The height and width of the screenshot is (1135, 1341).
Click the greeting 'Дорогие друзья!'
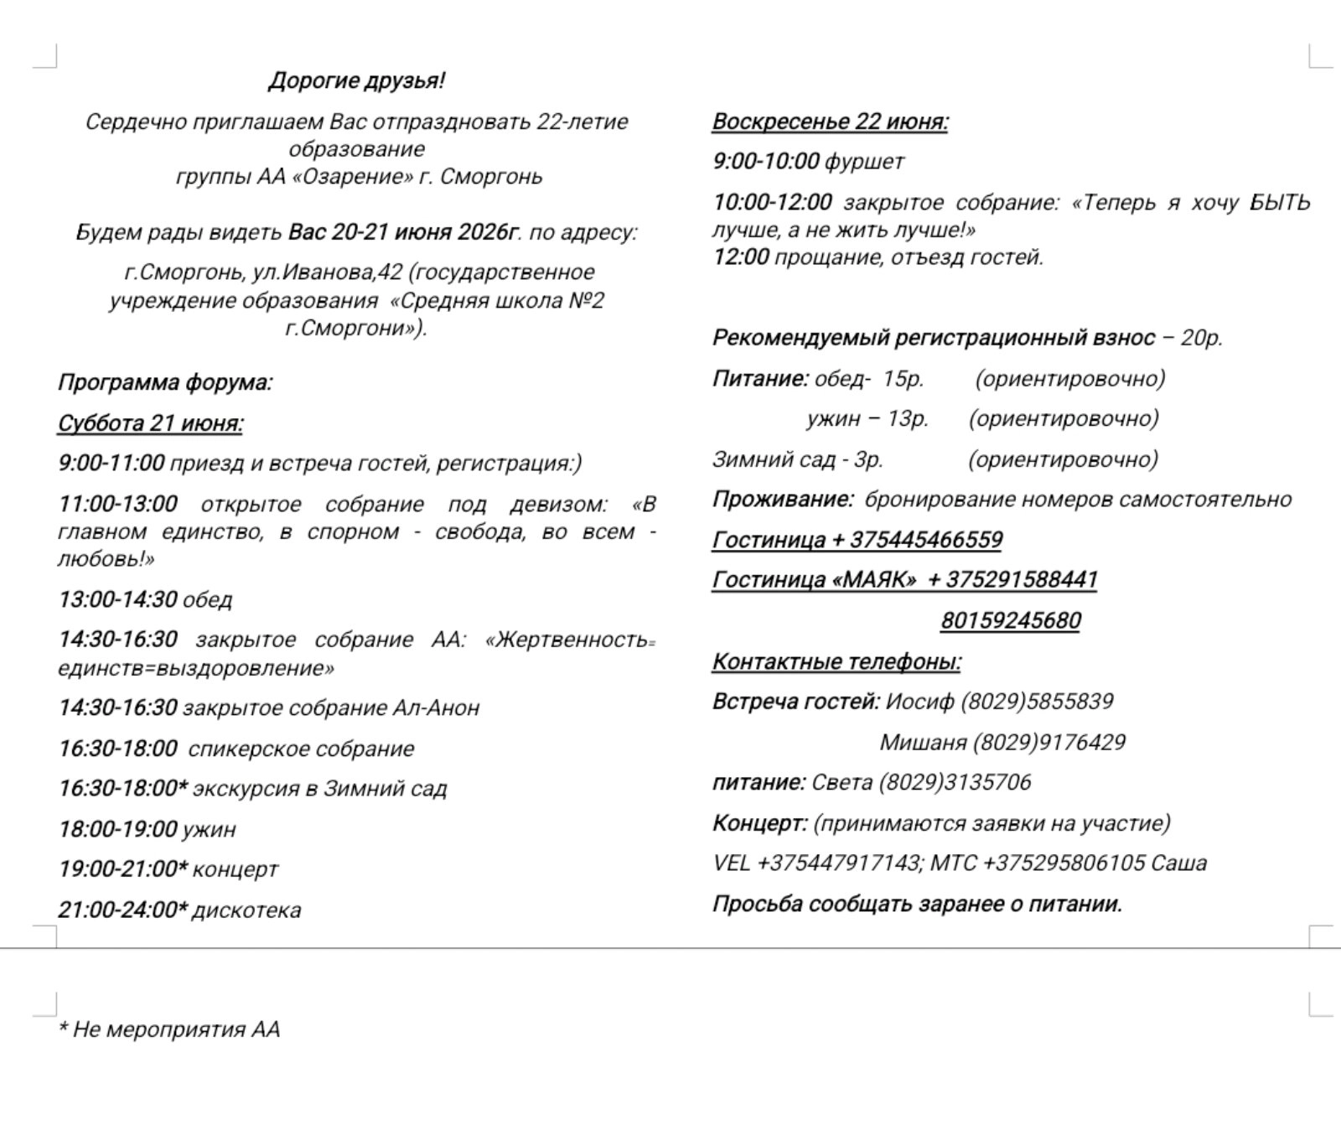click(357, 81)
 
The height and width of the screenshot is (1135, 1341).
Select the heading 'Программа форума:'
click(165, 383)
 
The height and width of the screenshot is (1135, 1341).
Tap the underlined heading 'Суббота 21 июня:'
click(150, 423)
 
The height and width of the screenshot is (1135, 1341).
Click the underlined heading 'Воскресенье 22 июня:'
click(830, 122)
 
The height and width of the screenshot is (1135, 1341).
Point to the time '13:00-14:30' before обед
click(117, 599)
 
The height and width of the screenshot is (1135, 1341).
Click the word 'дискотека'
click(246, 910)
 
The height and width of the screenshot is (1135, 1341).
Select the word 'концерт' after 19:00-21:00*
click(236, 869)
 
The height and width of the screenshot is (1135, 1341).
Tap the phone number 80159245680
click(1010, 621)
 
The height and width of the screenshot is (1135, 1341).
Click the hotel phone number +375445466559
click(925, 540)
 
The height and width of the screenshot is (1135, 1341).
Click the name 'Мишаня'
click(923, 743)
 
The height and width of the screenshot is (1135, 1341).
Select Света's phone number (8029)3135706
click(955, 783)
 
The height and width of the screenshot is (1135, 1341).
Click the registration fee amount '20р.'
click(1202, 338)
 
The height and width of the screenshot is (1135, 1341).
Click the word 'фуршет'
click(865, 162)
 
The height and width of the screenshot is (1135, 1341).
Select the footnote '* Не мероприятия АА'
click(168, 1029)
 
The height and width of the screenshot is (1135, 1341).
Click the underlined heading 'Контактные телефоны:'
click(836, 662)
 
